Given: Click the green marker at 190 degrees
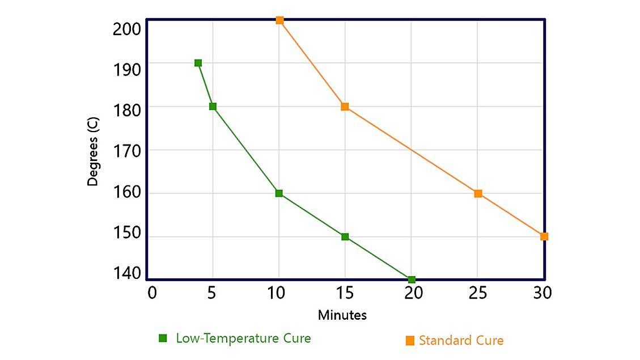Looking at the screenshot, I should click(198, 63).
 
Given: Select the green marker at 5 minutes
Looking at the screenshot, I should click(213, 107).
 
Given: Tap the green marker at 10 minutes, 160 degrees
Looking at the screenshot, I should click(279, 193).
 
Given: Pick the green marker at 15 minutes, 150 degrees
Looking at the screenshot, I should click(345, 236).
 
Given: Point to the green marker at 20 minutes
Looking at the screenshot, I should click(412, 279).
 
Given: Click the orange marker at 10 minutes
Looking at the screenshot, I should click(279, 20).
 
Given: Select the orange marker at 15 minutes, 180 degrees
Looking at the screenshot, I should click(345, 107).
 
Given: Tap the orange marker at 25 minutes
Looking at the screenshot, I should click(478, 193).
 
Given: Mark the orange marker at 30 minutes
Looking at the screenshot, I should click(544, 236).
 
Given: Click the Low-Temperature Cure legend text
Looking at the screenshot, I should click(243, 338).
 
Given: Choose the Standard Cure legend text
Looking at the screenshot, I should click(461, 341).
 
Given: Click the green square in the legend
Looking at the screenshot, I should click(163, 338).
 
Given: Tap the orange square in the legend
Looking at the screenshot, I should click(410, 341).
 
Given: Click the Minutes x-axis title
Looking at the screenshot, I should click(342, 315).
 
